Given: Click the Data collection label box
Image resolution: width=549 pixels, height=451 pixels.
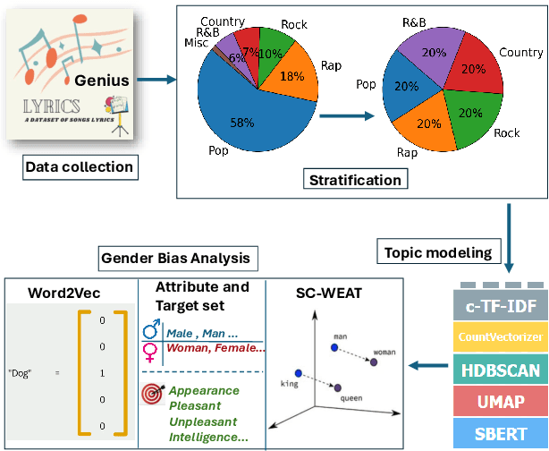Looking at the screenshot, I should pyautogui.click(x=78, y=166).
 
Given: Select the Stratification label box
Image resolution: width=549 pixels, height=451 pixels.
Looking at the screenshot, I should pyautogui.click(x=355, y=181).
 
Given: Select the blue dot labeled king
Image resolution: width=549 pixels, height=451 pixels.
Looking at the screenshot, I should pyautogui.click(x=298, y=372).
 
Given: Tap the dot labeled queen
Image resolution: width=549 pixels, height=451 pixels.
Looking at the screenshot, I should pyautogui.click(x=336, y=387).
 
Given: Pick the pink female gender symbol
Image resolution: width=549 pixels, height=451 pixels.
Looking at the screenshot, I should pyautogui.click(x=151, y=351).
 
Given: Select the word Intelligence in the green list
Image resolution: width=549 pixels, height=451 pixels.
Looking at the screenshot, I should pyautogui.click(x=208, y=438).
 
